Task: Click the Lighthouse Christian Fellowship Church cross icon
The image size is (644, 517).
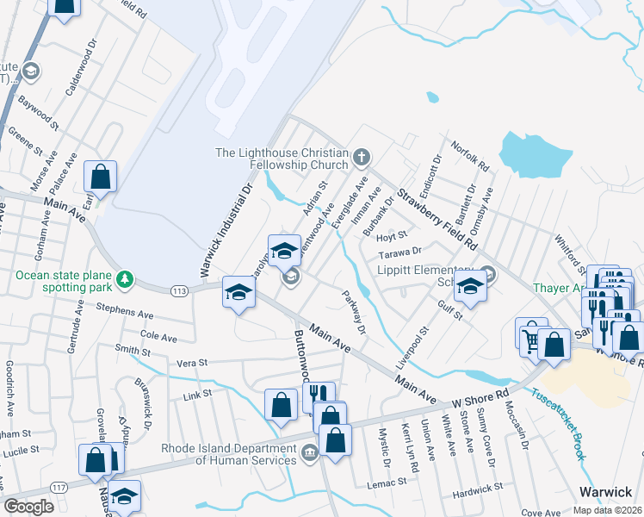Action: click(x=362, y=158)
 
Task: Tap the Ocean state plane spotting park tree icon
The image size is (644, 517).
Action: click(x=126, y=277)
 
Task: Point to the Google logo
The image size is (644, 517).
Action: click(x=28, y=507)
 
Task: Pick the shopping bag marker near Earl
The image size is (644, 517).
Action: click(x=101, y=177)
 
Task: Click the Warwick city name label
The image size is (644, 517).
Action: click(x=604, y=491)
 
